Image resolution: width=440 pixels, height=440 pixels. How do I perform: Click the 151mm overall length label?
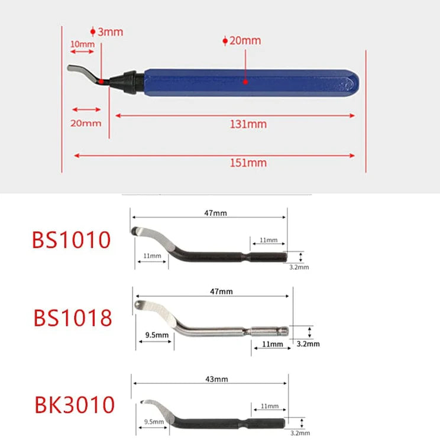coord(248,163)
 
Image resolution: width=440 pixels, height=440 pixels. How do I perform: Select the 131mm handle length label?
coord(248,124)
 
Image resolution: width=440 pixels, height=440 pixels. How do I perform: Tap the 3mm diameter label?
coord(110,32)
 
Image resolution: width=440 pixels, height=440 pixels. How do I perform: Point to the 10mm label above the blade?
coord(82,44)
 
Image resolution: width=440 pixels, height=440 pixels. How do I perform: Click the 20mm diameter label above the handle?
coord(244,41)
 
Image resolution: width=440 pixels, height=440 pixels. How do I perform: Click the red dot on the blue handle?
coord(244,82)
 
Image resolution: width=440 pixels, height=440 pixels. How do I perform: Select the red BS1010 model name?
coord(71,241)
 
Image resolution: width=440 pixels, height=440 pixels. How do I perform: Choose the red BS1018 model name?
coord(72,318)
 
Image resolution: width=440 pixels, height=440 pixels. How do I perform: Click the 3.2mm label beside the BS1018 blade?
coord(308,344)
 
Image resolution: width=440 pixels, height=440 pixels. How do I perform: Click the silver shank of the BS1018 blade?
coord(225,332)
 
